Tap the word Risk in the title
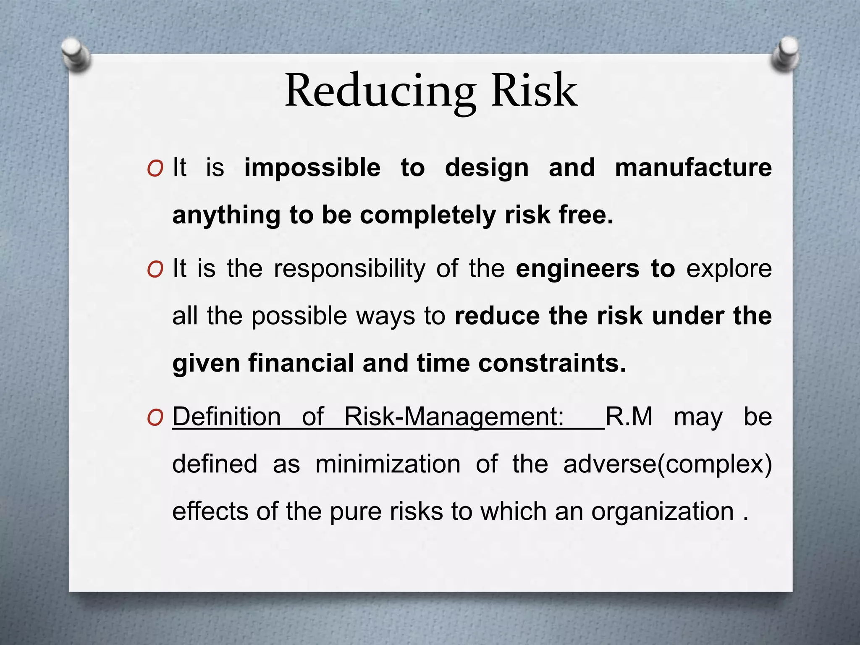(534, 91)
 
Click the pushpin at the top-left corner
(76, 55)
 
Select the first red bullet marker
(155, 169)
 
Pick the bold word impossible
(312, 168)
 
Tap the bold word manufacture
(693, 168)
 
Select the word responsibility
(349, 269)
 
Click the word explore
(729, 269)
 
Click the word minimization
(388, 464)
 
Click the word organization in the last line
(662, 511)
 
